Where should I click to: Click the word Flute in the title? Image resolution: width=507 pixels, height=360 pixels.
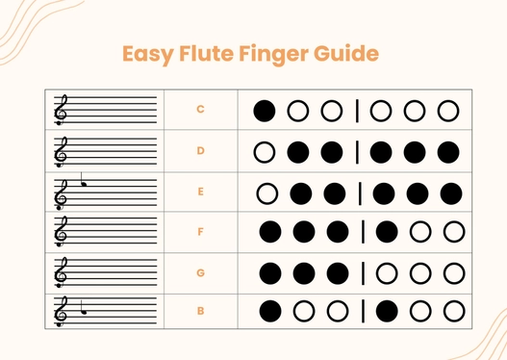[x=206, y=53]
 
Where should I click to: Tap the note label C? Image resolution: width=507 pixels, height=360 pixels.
[x=200, y=110]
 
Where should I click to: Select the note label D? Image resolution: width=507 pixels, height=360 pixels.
[x=200, y=151]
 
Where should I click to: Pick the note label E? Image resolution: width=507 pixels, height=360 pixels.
[x=200, y=192]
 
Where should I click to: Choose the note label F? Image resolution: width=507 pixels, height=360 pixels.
[x=200, y=232]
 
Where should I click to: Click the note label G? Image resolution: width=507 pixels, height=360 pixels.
[x=200, y=272]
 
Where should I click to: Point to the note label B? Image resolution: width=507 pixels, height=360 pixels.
[x=200, y=311]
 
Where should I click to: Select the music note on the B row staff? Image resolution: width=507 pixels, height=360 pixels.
[x=85, y=308]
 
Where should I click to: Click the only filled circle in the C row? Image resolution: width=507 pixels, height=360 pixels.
[x=265, y=110]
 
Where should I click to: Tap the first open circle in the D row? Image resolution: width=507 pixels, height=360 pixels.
[x=265, y=151]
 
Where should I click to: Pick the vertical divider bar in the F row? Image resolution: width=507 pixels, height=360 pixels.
[x=364, y=232]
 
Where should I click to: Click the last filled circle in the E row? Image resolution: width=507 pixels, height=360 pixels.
[x=450, y=193]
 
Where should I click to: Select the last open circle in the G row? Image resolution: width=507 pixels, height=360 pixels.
[x=452, y=272]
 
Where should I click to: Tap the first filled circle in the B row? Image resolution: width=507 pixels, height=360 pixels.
[x=270, y=312]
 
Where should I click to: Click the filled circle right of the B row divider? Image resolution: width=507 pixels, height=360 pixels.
[x=387, y=312]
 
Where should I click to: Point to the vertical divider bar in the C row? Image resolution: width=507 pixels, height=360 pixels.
[x=358, y=110]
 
